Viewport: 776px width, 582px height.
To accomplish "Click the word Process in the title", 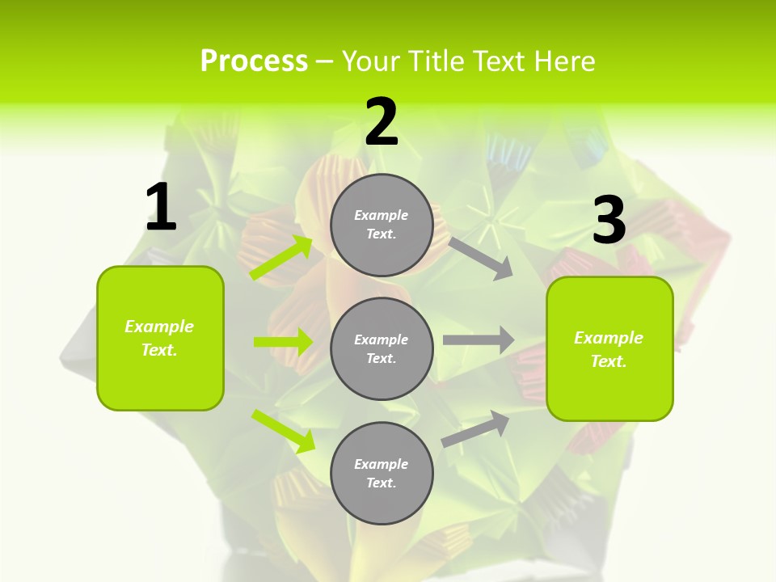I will [x=254, y=61].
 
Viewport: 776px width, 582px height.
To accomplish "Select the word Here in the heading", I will [x=563, y=61].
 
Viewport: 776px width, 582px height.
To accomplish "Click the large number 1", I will [x=160, y=208].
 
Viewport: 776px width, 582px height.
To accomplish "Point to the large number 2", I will [x=382, y=123].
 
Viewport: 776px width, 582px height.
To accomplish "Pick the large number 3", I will [x=609, y=221].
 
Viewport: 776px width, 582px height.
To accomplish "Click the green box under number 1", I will [x=160, y=338].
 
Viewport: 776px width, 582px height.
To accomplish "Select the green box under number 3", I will [x=609, y=349].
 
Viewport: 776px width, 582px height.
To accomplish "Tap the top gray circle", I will [x=382, y=225].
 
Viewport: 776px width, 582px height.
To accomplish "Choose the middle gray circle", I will [x=382, y=348].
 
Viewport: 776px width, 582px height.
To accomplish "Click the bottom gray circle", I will [x=382, y=473].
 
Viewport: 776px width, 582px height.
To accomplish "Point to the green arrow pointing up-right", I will [x=281, y=258].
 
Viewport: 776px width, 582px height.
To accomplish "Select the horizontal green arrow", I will [x=283, y=342].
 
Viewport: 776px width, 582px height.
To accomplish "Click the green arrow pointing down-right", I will [x=283, y=430].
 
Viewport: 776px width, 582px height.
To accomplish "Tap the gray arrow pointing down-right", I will [x=481, y=259].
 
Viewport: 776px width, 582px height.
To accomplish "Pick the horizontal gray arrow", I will [x=479, y=340].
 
